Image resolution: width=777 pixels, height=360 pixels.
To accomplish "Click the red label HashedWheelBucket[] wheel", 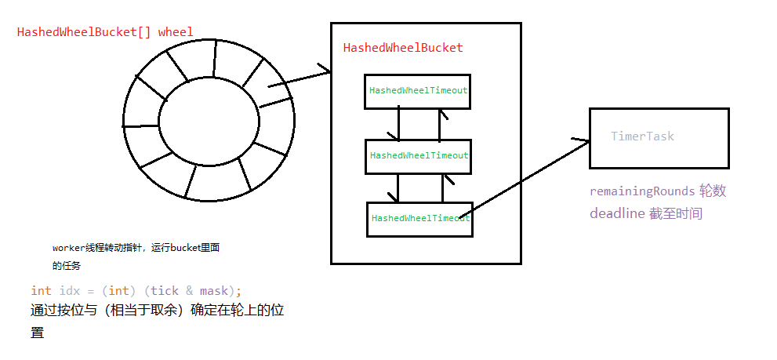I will tap(105, 32).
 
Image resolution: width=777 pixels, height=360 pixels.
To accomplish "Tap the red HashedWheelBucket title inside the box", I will tap(403, 48).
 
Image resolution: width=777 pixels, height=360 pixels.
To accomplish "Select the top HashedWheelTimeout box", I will tap(418, 90).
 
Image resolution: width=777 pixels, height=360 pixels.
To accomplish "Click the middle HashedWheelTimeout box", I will tap(418, 155).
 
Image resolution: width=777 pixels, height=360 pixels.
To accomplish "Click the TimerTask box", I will tap(659, 138).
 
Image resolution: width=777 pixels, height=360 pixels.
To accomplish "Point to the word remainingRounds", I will tap(641, 191).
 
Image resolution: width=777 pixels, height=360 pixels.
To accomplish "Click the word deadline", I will tap(616, 213).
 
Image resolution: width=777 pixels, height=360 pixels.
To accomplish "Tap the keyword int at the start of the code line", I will tap(41, 290).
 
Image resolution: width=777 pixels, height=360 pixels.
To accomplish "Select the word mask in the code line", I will tap(216, 290).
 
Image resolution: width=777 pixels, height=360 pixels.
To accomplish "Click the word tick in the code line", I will tap(164, 290).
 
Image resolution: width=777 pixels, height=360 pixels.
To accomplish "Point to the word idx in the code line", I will tap(70, 290).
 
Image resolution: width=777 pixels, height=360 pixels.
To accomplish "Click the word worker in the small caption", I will tap(68, 247).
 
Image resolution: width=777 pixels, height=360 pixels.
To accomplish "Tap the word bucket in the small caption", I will tap(175, 247).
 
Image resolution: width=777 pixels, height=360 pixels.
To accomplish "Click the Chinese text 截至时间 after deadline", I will tap(676, 213).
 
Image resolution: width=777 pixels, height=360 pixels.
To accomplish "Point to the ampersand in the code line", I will tap(190, 290).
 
